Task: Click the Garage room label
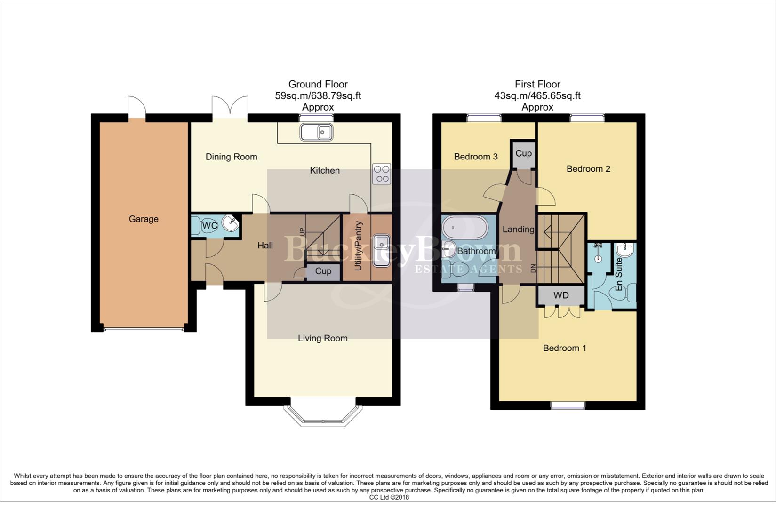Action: pos(144,219)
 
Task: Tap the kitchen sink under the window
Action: pos(316,132)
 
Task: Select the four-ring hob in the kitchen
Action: pos(382,173)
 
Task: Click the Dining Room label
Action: pos(231,157)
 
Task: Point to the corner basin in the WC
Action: pos(231,224)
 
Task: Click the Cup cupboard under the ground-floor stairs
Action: pos(323,271)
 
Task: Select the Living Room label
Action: pos(322,338)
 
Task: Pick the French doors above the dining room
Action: pos(230,107)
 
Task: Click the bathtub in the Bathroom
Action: pos(462,228)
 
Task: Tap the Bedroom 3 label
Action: pos(475,157)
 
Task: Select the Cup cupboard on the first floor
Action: pos(523,154)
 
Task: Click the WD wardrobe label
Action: pos(561,295)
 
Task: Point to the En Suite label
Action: pos(619,274)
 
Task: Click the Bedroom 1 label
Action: pos(564,348)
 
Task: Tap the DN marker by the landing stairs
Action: pos(533,269)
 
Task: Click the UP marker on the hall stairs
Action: pos(302,231)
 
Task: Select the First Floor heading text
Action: pos(537,84)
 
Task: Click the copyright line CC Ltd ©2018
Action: pos(389,497)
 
